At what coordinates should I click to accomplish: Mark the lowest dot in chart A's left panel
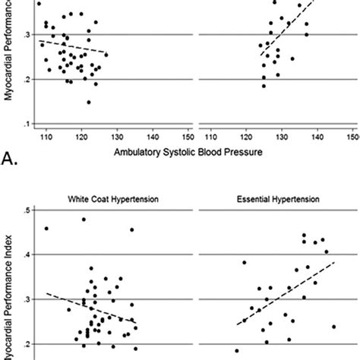pyautogui.click(x=89, y=102)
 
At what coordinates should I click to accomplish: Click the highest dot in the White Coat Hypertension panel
pyautogui.click(x=84, y=219)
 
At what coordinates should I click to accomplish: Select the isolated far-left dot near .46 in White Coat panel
pyautogui.click(x=46, y=228)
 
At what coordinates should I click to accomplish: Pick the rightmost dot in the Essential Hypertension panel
pyautogui.click(x=333, y=327)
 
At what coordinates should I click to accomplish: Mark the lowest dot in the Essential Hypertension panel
pyautogui.click(x=236, y=351)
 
